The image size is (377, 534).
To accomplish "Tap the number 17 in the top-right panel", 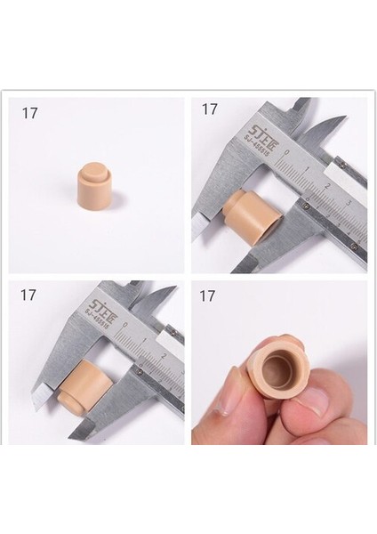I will pos(209,109).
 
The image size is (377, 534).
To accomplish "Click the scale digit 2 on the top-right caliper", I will pos(327,186).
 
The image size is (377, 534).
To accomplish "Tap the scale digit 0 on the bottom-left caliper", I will pos(126,339).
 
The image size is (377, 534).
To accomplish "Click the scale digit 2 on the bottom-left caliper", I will pos(164,357).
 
